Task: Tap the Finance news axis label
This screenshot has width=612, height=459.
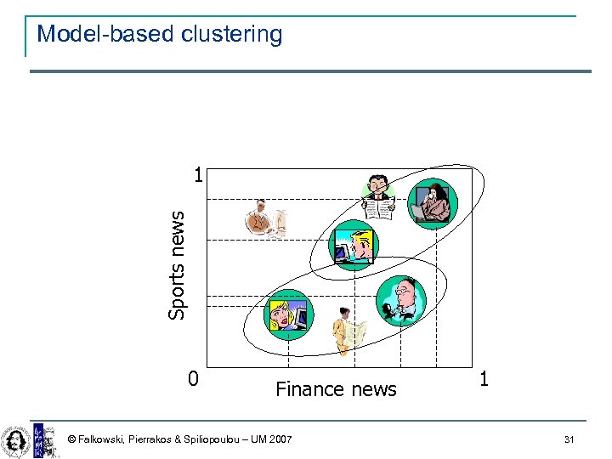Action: pos(336,389)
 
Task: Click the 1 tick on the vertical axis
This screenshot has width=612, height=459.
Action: pos(197,176)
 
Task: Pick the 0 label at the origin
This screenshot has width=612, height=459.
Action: pos(193,378)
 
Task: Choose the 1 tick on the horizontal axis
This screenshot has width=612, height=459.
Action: pos(484,378)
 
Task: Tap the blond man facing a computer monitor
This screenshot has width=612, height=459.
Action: pos(354,245)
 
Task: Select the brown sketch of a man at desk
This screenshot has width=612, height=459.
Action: pos(265,219)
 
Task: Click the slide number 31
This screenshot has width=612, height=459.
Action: pos(569,439)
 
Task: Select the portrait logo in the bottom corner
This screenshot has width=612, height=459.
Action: pos(14,439)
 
